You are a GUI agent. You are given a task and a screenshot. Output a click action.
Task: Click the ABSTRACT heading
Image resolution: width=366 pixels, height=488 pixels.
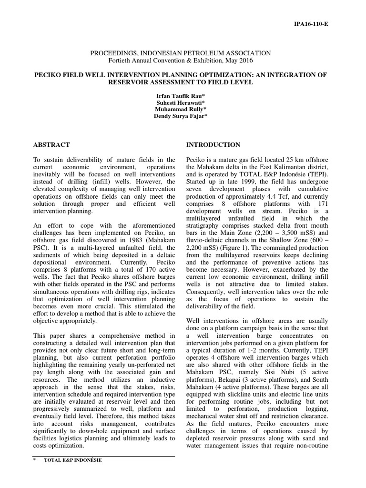52,145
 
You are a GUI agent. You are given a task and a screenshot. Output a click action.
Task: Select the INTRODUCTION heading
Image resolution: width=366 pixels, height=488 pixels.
213,145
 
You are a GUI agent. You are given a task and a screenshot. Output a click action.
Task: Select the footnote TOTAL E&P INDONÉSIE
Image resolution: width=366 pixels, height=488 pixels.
72,460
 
